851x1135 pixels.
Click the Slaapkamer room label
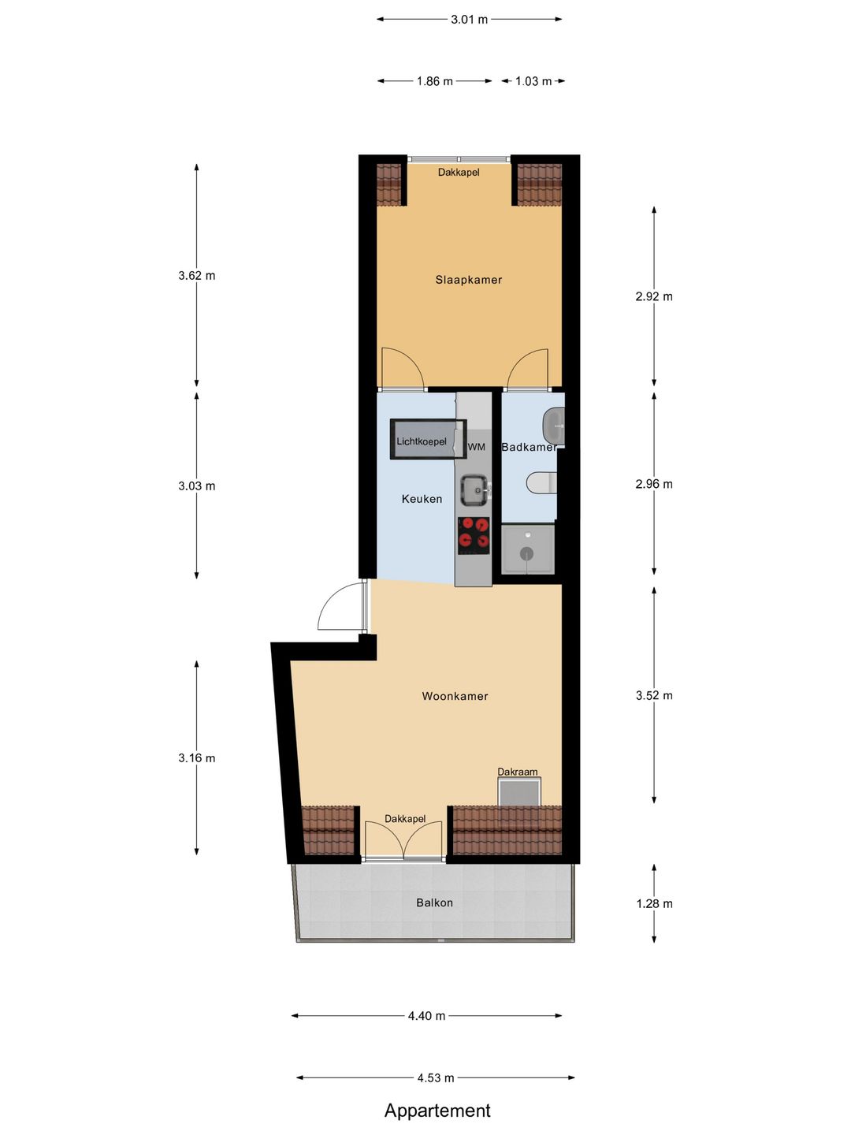(x=468, y=280)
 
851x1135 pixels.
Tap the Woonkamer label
(x=455, y=696)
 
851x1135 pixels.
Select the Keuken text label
(x=422, y=499)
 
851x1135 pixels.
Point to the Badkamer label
(x=529, y=447)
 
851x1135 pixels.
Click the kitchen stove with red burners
(x=474, y=533)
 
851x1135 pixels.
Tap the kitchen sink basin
(x=474, y=489)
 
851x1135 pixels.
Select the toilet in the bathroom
(x=541, y=483)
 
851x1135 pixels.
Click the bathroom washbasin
(x=553, y=426)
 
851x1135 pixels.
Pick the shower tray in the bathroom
(x=527, y=549)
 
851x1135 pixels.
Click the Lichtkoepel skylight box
(x=429, y=438)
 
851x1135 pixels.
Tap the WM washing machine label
(x=476, y=447)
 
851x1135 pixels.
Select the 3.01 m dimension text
(x=469, y=20)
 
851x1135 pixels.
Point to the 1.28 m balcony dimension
(x=654, y=904)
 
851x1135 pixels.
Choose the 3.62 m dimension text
(x=197, y=276)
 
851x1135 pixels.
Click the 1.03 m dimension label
(x=533, y=81)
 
